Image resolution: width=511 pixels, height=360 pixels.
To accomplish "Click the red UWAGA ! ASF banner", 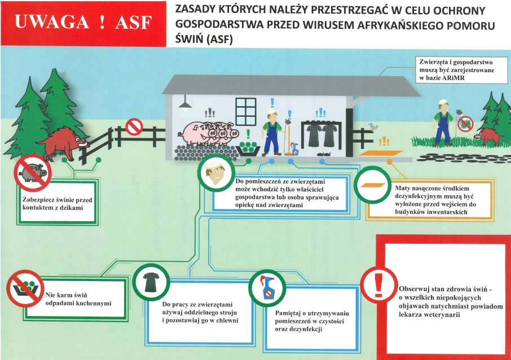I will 83,23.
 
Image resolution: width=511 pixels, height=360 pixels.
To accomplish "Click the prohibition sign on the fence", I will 134,126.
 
